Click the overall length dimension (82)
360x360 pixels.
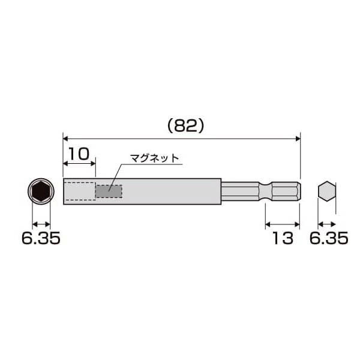click(x=185, y=126)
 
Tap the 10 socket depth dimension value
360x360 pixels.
click(x=79, y=154)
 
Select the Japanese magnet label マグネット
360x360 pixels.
click(x=154, y=158)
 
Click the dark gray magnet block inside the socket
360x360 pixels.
click(x=109, y=191)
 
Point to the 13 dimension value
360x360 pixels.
click(x=283, y=238)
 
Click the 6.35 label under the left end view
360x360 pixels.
click(x=41, y=238)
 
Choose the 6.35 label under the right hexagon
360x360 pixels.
click(x=329, y=238)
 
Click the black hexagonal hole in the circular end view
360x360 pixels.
click(x=41, y=191)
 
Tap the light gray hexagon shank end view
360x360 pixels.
click(x=327, y=191)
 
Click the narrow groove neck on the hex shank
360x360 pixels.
click(x=265, y=191)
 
